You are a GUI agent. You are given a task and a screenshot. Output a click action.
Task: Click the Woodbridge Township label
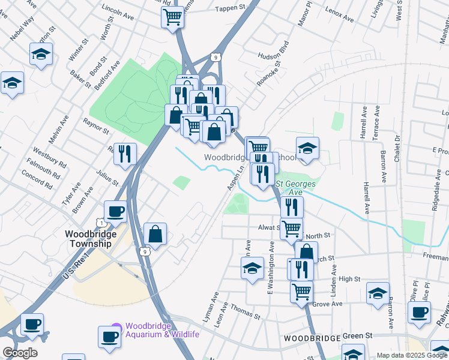coord(89,239)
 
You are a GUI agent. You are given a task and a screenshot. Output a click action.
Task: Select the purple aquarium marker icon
coord(116,328)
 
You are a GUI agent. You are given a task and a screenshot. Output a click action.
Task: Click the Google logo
coord(20,353)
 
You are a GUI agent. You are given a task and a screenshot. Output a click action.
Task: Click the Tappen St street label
coord(232,8)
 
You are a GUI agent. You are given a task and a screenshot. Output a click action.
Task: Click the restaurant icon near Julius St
coord(125,154)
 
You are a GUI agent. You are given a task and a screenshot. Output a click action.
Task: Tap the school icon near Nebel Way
coord(41,54)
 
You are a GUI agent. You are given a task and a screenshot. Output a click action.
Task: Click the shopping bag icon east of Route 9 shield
coord(155,234)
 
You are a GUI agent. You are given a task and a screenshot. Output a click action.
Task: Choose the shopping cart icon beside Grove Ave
coord(301,292)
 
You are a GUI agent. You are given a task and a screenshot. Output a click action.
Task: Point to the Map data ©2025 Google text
coord(411,355)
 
